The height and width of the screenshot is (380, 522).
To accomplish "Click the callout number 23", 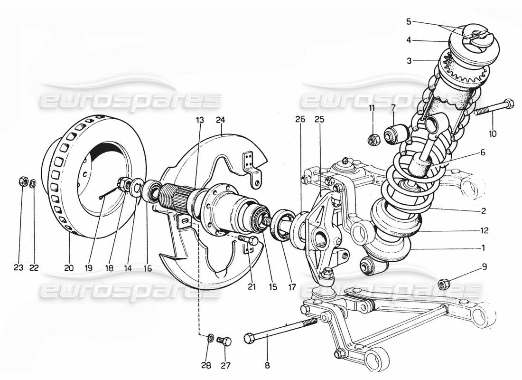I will [x=18, y=267].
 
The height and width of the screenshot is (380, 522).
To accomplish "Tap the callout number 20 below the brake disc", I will [x=69, y=267].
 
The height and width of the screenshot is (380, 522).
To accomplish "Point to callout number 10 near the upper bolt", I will [x=493, y=134].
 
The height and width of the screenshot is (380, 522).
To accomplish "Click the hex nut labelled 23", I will [x=22, y=181].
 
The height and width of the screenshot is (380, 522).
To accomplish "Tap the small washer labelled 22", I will [x=33, y=183].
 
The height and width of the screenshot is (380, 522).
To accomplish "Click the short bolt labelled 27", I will [x=224, y=341].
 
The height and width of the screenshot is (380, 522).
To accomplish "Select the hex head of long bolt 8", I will [x=250, y=339].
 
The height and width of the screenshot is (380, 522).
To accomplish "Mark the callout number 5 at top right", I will [x=409, y=21].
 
